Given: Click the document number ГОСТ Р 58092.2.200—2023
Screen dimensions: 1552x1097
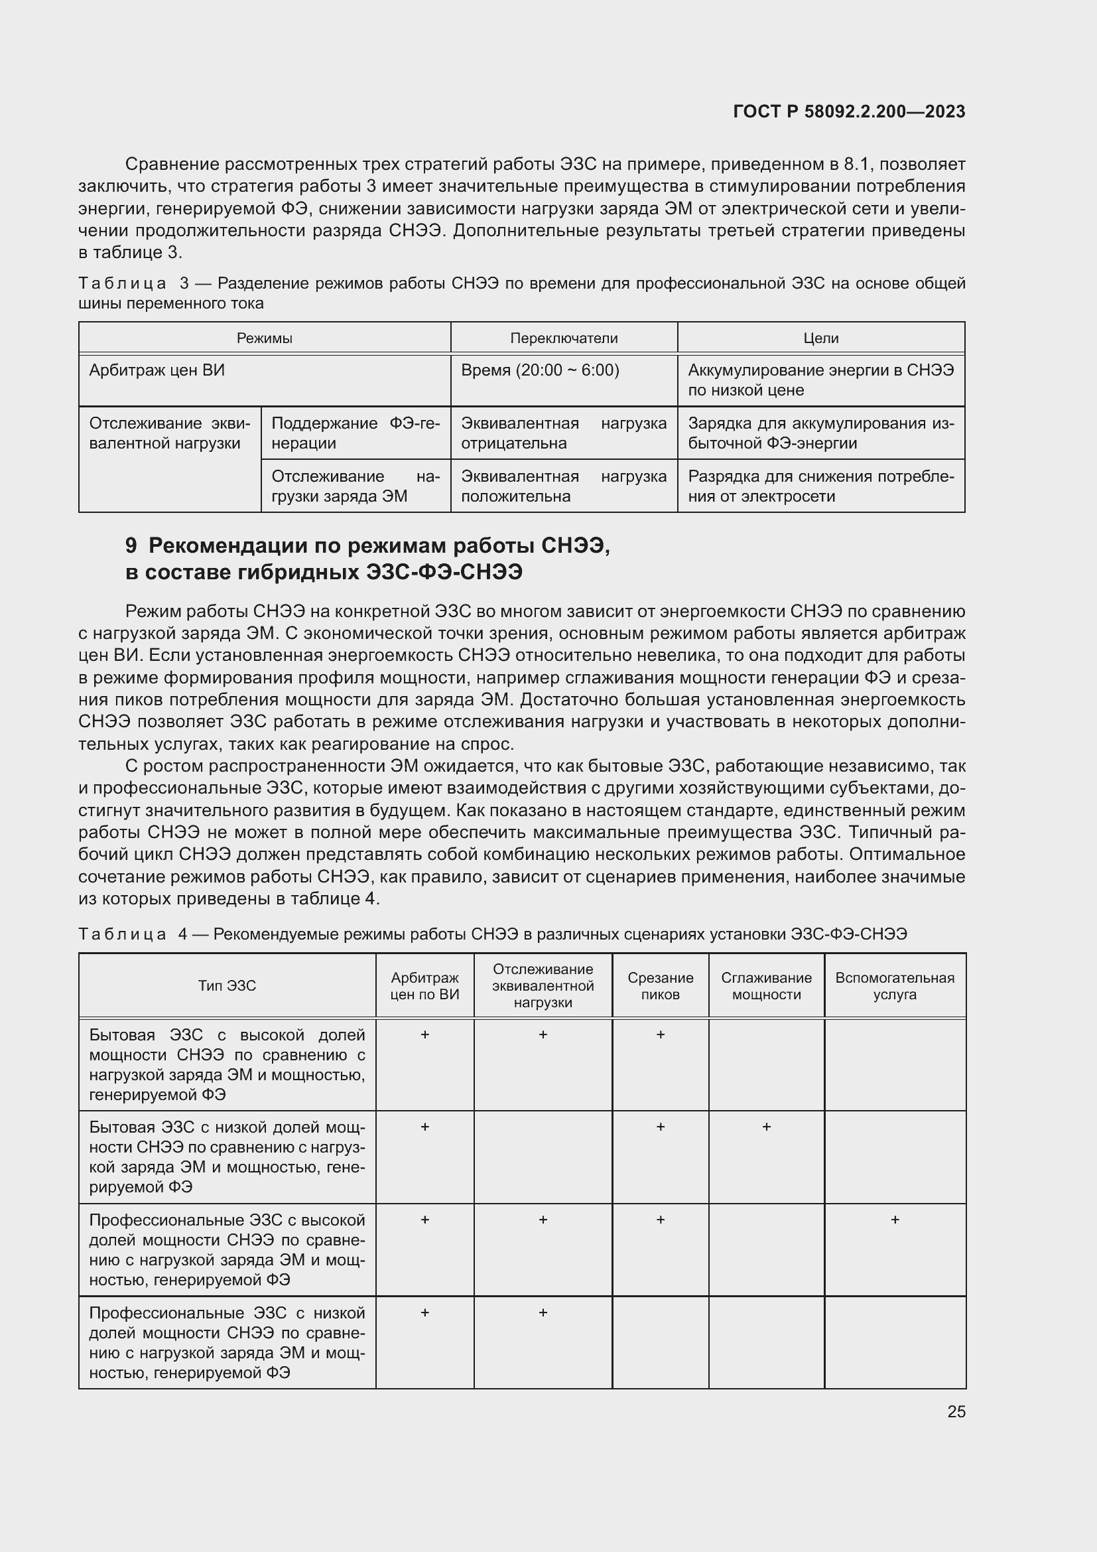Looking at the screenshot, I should [848, 111].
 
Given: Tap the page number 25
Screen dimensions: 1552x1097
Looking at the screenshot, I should [956, 1411].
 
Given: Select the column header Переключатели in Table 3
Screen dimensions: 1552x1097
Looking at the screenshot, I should [563, 338].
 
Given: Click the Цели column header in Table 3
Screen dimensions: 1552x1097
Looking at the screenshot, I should [820, 338].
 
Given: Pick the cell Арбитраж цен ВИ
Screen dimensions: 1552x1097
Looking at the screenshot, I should [157, 370].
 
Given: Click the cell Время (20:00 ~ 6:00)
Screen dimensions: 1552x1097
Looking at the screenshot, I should [540, 370].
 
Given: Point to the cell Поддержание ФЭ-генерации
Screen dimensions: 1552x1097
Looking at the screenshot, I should [355, 433].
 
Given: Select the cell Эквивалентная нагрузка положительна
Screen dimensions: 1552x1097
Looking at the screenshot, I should [563, 486].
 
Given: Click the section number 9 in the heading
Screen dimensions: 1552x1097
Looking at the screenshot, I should [131, 545].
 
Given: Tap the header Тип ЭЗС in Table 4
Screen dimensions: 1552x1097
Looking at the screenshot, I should [227, 985].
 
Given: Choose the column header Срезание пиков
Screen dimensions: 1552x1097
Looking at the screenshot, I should [660, 986].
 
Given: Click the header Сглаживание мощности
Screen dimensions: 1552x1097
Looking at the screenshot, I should [766, 986].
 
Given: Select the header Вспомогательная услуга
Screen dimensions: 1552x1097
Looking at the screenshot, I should [894, 986].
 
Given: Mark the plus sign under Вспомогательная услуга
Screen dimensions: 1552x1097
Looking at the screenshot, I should [894, 1220].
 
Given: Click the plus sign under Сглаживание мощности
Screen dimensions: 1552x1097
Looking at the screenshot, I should [766, 1127].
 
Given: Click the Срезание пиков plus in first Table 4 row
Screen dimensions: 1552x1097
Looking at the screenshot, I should [660, 1034].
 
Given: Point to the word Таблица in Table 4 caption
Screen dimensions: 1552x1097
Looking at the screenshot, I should [122, 934].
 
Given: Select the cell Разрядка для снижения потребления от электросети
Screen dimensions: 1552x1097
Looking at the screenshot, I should [820, 486].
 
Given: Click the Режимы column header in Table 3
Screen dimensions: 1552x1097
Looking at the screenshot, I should [264, 338].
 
